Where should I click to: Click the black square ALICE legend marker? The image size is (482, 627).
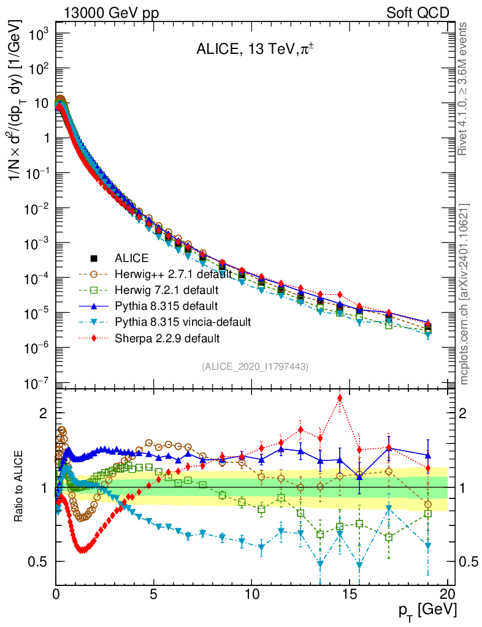[x=94, y=258]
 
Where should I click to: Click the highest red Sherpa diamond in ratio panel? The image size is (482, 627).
[x=340, y=399]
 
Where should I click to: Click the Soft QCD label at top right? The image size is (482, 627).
[x=418, y=13]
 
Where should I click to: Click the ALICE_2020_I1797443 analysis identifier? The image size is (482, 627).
[x=254, y=366]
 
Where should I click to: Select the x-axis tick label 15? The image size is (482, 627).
[x=350, y=594]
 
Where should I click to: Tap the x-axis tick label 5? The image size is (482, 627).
[x=154, y=594]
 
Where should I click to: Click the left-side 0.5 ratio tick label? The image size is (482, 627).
[x=40, y=561]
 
